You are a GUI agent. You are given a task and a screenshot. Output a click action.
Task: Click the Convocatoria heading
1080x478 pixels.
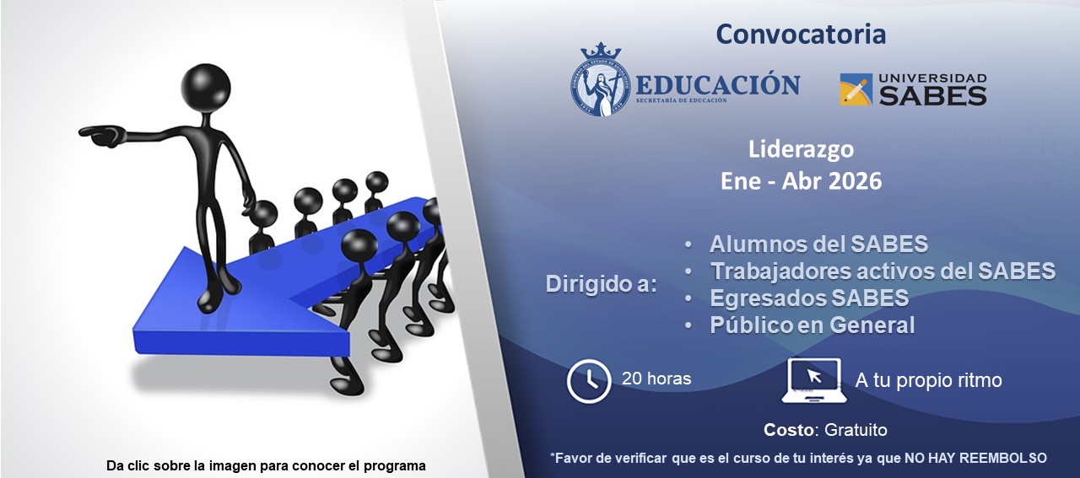point(800,35)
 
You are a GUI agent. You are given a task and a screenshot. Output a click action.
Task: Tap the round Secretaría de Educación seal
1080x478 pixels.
point(601,80)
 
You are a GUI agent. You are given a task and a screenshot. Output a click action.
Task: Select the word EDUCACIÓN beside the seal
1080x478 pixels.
point(717,84)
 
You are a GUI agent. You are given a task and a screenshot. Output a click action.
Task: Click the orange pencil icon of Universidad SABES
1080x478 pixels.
point(856,89)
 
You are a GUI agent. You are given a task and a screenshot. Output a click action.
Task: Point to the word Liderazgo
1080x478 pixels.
point(801,149)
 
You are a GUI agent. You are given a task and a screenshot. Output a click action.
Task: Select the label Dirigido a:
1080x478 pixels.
point(601,284)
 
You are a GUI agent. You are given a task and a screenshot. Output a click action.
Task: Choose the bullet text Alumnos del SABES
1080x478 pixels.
point(818,244)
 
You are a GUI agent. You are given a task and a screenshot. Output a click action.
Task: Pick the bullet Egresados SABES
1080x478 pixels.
point(809,298)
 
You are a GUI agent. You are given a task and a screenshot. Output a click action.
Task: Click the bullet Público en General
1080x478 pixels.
point(812,325)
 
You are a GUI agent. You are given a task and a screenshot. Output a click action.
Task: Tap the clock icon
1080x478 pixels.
point(589,380)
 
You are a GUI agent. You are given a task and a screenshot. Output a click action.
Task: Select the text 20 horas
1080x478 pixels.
point(656,379)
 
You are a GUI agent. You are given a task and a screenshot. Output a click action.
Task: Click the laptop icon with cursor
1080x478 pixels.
point(813,380)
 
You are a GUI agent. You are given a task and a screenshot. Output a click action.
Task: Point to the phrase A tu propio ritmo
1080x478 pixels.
point(928,380)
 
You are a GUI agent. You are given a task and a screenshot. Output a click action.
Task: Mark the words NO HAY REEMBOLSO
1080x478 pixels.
point(975,458)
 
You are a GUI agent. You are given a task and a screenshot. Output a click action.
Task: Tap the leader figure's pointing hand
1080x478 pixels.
point(100,135)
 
